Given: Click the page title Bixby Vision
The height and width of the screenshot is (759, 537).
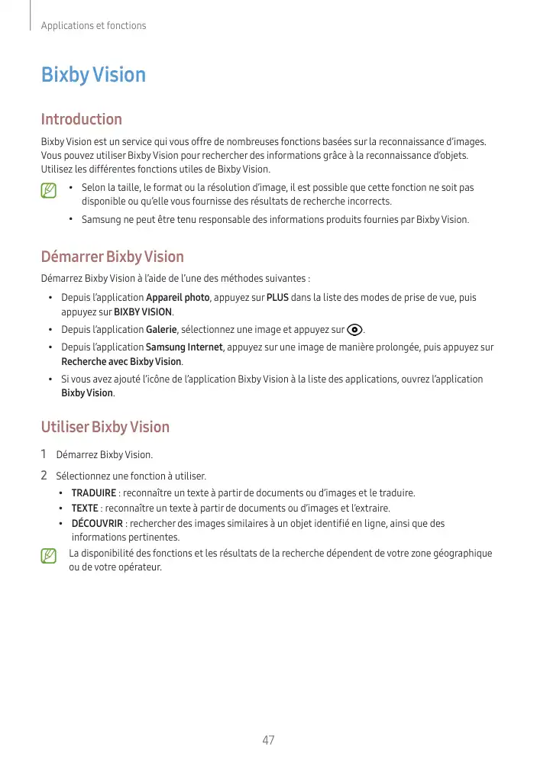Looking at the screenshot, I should coord(92,75).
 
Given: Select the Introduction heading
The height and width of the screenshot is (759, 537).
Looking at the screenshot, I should coord(81,119).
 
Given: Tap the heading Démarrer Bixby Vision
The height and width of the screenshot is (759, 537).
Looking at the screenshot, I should coord(112,257).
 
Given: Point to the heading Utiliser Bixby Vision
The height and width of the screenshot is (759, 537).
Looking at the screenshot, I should coord(105,427).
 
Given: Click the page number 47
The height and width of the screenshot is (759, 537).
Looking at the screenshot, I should coord(267,740).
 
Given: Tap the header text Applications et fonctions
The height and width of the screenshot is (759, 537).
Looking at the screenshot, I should coord(93,26).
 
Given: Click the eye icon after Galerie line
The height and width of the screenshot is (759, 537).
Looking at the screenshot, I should coord(354,330).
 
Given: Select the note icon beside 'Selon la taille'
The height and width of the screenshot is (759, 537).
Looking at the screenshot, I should coord(49,190).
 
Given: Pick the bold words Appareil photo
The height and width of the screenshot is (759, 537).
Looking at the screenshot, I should coord(177,298).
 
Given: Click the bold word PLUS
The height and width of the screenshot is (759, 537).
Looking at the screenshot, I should coord(277,298).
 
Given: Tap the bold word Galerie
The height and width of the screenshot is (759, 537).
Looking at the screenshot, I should coord(161,330).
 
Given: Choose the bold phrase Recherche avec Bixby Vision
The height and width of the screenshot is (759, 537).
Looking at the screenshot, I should coord(121,361).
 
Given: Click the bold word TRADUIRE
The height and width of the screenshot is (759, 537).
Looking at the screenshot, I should coord(94,493).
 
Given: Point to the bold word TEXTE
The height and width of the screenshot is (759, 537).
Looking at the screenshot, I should coord(85,509).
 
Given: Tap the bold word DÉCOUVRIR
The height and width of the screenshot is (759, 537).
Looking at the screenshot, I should coord(97,524).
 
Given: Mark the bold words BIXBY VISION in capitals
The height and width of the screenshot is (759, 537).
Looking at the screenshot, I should coord(143,312).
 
